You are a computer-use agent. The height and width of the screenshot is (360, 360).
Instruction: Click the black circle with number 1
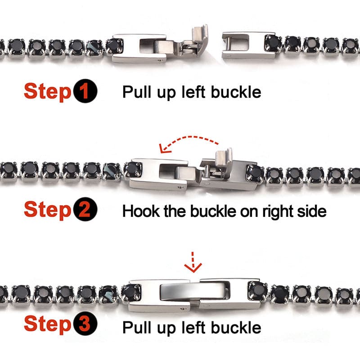[x=85, y=91]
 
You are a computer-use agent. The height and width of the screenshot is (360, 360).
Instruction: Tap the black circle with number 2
[x=85, y=209]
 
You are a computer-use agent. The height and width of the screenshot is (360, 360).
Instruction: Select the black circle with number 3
[x=85, y=323]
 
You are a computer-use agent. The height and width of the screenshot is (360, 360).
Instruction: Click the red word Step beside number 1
[x=48, y=92]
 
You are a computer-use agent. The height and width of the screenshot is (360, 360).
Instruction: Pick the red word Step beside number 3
[x=48, y=324]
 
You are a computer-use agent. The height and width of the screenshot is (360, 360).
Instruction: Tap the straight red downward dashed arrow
[x=193, y=262]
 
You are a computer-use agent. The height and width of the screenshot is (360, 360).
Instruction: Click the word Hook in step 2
[x=141, y=211]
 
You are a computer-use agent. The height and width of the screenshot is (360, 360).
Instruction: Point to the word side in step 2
[x=311, y=211]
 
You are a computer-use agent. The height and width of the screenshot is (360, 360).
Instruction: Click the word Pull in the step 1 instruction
[x=137, y=92]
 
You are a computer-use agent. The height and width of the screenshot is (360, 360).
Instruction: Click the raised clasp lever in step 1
[x=200, y=39]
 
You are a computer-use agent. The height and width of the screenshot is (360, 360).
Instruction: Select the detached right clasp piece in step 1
[x=249, y=45]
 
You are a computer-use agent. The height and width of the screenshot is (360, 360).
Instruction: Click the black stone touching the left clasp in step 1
[x=114, y=47]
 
